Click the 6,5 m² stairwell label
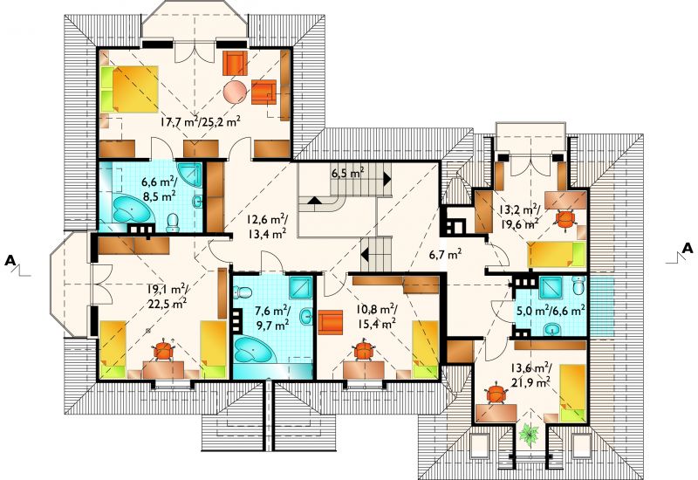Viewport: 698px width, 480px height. pyautogui.click(x=347, y=173)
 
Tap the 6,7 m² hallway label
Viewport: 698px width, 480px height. pyautogui.click(x=445, y=255)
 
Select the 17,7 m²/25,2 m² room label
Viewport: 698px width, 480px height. pyautogui.click(x=201, y=121)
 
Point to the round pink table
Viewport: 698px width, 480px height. pyautogui.click(x=235, y=93)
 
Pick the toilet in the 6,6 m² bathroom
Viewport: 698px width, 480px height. pyautogui.click(x=172, y=223)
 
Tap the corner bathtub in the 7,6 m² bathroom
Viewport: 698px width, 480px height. pyautogui.click(x=253, y=350)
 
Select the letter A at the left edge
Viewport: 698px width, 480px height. pyautogui.click(x=10, y=260)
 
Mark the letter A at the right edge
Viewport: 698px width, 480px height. pyautogui.click(x=688, y=248)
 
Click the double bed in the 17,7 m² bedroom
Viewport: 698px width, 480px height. pyautogui.click(x=129, y=89)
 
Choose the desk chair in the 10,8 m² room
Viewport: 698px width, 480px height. pyautogui.click(x=364, y=350)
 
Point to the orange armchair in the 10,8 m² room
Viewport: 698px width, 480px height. pyautogui.click(x=331, y=323)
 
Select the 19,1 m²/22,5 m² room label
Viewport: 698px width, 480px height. pyautogui.click(x=167, y=297)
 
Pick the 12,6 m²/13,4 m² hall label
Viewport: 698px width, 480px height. pyautogui.click(x=266, y=227)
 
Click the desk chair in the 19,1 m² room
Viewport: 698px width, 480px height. pyautogui.click(x=163, y=351)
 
